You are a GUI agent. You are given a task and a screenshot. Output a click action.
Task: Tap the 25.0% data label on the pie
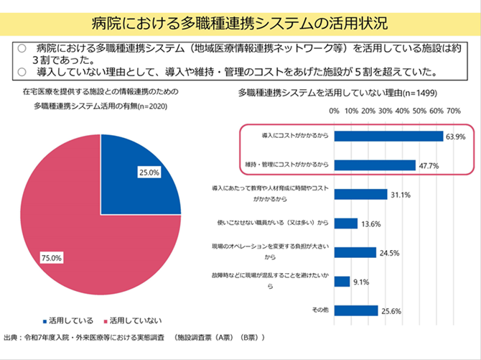pos(149,172)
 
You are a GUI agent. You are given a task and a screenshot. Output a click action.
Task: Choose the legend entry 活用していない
pos(134,320)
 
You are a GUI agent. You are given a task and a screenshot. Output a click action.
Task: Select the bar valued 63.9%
pos(388,136)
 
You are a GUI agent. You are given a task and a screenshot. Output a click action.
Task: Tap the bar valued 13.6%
pos(345,223)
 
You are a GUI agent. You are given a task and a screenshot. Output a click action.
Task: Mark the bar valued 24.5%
pos(355,252)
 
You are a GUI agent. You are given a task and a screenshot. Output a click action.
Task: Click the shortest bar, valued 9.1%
pos(342,282)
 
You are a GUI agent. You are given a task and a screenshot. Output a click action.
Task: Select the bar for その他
pos(356,310)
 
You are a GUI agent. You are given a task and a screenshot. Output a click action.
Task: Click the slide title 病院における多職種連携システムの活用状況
pos(240,24)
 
